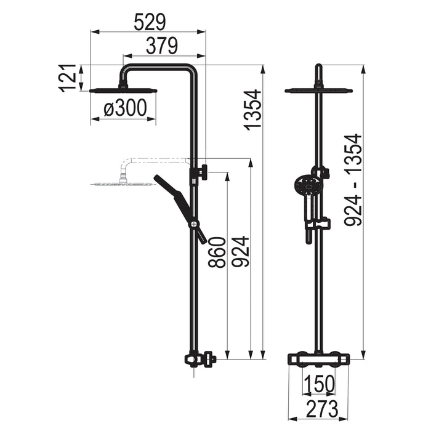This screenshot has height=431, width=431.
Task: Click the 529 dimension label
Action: (150, 22)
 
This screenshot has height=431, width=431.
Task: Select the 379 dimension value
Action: (162, 46)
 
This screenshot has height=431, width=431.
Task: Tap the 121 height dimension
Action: (67, 78)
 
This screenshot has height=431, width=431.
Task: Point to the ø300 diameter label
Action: (125, 108)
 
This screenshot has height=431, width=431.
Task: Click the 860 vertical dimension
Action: (217, 252)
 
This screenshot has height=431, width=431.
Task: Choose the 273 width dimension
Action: (322, 408)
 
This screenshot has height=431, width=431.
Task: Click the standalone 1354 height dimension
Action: (252, 110)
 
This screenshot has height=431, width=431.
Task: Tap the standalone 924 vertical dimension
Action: (240, 251)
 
